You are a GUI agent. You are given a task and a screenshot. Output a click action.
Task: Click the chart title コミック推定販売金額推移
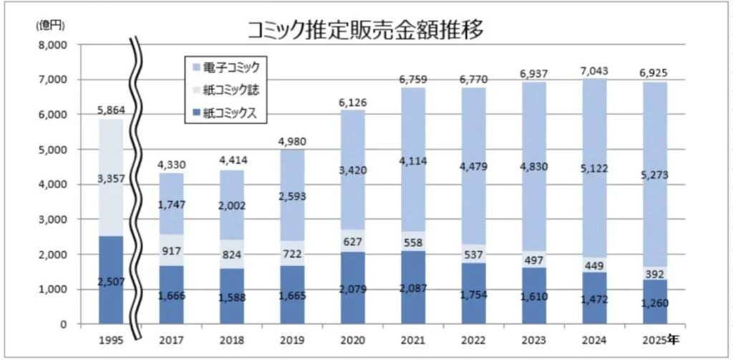click(366, 29)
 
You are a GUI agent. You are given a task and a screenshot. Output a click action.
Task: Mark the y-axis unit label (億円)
click(51, 26)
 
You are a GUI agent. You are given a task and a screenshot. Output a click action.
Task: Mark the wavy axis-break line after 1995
click(137, 186)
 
